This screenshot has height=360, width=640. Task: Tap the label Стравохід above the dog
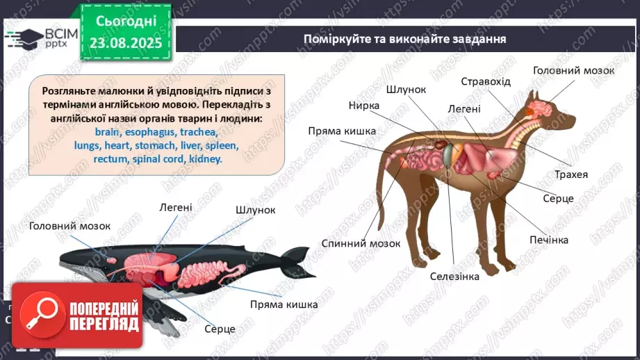pos(486,81)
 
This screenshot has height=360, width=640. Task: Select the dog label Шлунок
pos(407,89)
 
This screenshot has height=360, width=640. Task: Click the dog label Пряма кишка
pos(343,131)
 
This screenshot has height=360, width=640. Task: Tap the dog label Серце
pos(558,198)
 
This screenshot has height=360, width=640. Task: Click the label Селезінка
pos(454,276)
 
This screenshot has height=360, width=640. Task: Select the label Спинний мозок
pos(361,243)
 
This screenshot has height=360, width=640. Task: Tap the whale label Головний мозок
pos(69,226)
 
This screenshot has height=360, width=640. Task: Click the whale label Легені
pos(176,206)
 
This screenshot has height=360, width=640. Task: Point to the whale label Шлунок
pos(256,209)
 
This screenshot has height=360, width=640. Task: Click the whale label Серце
pos(220,329)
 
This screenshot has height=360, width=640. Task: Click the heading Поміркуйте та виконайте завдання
pos(404,38)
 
